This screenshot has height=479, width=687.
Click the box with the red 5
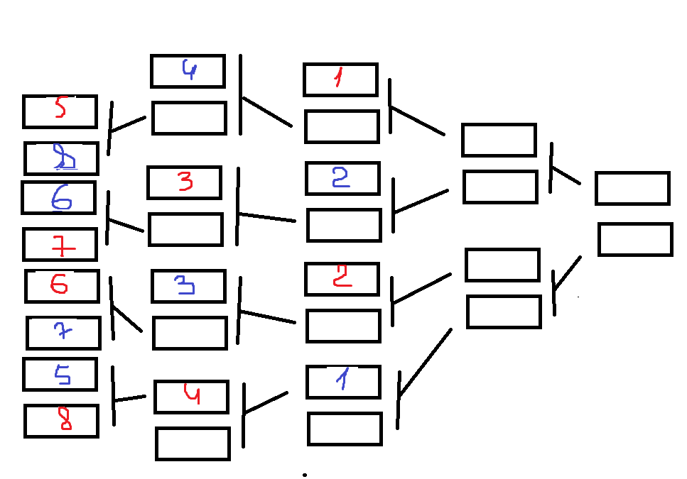pos(60,111)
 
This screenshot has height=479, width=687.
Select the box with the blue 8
pos(61,158)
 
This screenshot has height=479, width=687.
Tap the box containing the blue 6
pos(58,198)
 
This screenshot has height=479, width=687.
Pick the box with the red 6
pos(62,286)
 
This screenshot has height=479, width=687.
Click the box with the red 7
pos(60,245)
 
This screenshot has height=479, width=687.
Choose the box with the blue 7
pos(63,333)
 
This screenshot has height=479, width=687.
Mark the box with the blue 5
pos(60,374)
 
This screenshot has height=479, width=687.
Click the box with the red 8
pos(61,421)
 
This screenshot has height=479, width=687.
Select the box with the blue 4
pos(188,71)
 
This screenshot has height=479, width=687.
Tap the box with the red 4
pos(191,397)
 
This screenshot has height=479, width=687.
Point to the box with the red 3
pos(185,182)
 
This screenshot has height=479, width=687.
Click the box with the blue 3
pos(188,286)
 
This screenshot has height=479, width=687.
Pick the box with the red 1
pos(340,79)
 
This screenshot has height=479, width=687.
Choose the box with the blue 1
pos(343,382)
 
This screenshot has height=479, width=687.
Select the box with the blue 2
pos(342,178)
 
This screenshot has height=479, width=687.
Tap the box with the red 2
pos(342,279)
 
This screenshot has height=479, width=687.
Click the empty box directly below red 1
pos(342,126)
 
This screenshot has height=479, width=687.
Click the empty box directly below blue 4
pos(189,118)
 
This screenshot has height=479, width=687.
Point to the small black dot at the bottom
pos(305,474)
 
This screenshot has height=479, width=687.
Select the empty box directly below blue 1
pos(345,429)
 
